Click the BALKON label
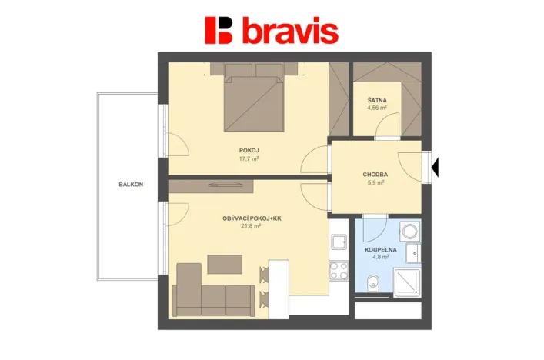coord(131,185)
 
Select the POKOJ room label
coord(248,151)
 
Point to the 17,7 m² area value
coord(248,159)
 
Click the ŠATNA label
coord(377,100)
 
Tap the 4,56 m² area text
coord(377,108)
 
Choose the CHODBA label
coord(375,175)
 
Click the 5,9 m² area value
coord(375,183)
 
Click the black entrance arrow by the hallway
coord(436,166)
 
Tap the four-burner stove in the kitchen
coord(339,271)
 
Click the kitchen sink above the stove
coord(339,243)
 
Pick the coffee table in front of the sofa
coord(225,264)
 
